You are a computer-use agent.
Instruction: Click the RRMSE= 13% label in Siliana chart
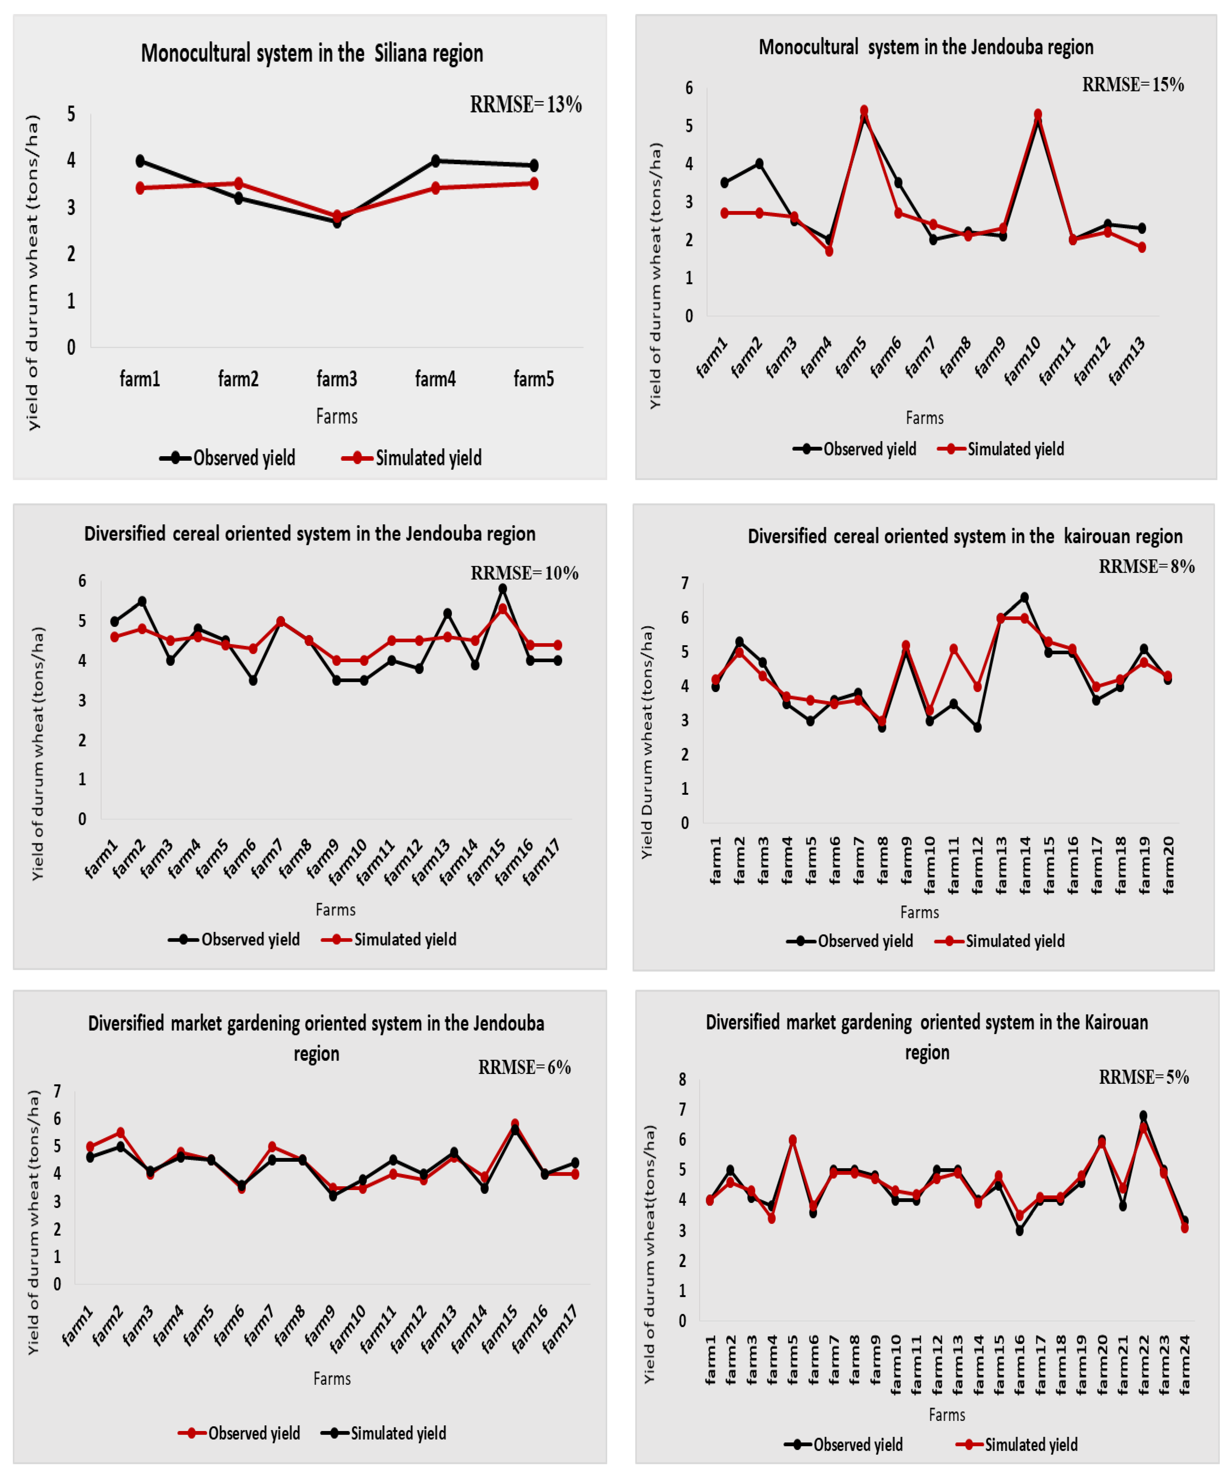click(526, 105)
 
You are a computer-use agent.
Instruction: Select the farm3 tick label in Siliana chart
click(337, 379)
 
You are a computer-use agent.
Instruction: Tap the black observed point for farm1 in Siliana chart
click(140, 161)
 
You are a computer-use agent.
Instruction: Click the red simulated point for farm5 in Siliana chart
click(534, 183)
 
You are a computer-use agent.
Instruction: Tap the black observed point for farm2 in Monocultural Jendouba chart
click(759, 164)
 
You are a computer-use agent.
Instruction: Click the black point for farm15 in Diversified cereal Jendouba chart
click(502, 588)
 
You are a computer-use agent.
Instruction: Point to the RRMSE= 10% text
click(525, 573)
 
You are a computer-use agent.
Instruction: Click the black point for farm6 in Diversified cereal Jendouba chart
click(253, 680)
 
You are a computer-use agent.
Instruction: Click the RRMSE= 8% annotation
click(1147, 567)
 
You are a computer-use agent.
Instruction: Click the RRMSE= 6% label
click(525, 1067)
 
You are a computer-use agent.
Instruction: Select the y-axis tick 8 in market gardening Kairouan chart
click(682, 1080)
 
